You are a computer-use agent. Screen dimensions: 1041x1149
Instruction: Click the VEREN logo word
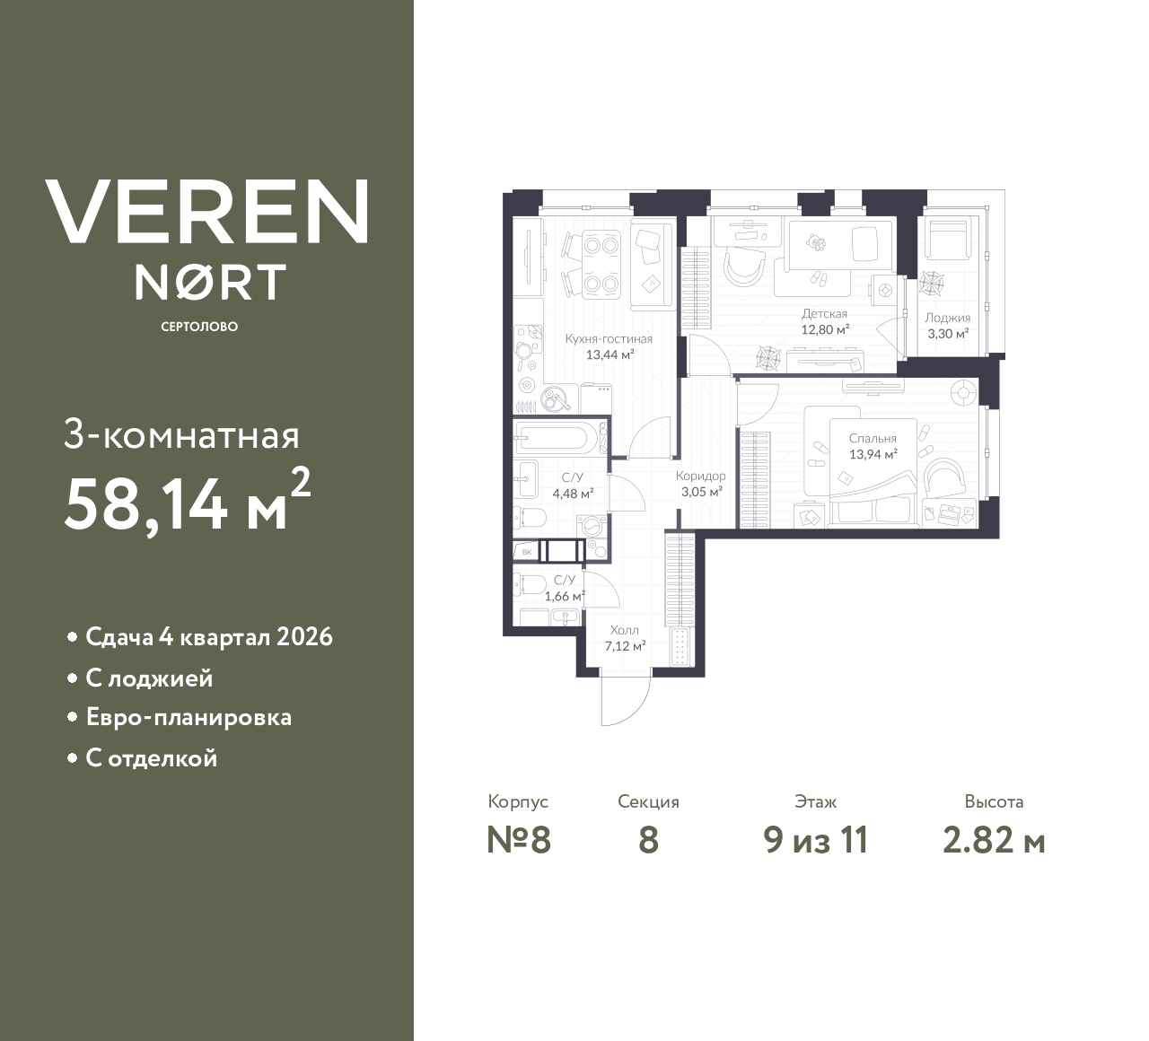[206, 212]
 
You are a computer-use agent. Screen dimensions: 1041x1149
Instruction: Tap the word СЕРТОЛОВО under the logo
[199, 327]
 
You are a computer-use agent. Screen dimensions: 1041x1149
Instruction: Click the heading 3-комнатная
[181, 436]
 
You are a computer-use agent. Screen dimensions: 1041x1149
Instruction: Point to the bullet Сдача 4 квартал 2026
[208, 637]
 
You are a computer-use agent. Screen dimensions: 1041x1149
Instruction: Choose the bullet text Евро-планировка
[189, 718]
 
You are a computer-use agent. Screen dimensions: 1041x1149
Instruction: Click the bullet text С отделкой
[151, 758]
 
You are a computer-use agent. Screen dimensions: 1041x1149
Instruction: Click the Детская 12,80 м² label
[824, 321]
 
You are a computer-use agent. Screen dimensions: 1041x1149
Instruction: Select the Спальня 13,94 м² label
[873, 446]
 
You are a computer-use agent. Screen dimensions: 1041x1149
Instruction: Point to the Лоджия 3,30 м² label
[947, 325]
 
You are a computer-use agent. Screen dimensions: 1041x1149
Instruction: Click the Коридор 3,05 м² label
[700, 484]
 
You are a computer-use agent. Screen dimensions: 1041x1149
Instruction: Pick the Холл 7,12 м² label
[624, 638]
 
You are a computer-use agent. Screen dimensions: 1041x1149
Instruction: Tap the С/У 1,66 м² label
[565, 588]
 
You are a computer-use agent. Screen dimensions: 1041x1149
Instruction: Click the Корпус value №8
[518, 841]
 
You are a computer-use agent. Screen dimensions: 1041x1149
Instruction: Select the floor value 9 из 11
[815, 841]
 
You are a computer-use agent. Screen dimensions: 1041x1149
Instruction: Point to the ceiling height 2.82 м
[994, 841]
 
